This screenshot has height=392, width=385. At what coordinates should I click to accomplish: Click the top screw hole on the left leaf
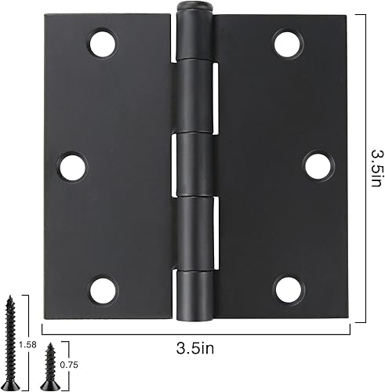[102, 42]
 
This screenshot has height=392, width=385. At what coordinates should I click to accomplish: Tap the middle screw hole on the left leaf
[72, 167]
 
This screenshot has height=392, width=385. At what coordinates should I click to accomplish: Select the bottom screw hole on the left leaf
[103, 290]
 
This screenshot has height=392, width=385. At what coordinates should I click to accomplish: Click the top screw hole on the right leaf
[287, 42]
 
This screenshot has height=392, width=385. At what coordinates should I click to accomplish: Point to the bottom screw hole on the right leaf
[287, 289]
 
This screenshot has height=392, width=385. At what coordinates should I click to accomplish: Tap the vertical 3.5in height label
[376, 168]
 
